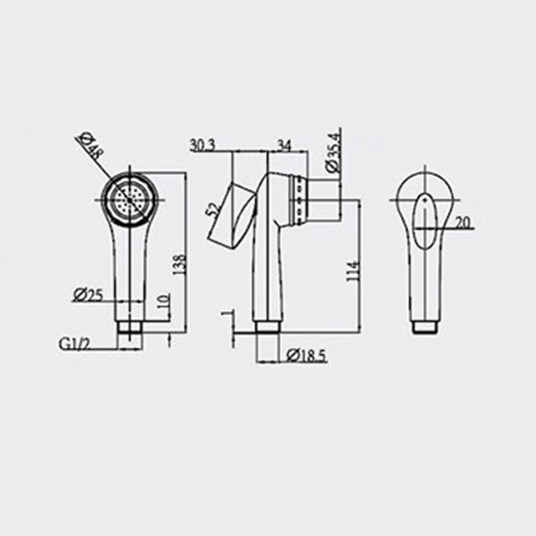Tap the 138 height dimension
pyautogui.click(x=179, y=264)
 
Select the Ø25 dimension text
pyautogui.click(x=88, y=294)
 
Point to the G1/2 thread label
pyautogui.click(x=74, y=344)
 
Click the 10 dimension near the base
pyautogui.click(x=164, y=301)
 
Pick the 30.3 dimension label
pyautogui.click(x=203, y=145)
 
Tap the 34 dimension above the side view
pyautogui.click(x=285, y=145)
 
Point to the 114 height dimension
pyautogui.click(x=353, y=271)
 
